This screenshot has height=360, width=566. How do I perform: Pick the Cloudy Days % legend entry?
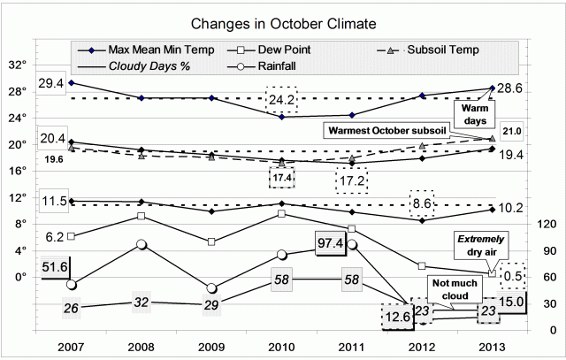[149, 65]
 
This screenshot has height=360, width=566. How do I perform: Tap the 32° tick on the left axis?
[17, 65]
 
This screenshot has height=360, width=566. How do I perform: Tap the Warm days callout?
[470, 113]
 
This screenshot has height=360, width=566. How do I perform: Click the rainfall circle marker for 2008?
[141, 244]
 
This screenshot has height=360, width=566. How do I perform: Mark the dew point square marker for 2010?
[281, 213]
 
